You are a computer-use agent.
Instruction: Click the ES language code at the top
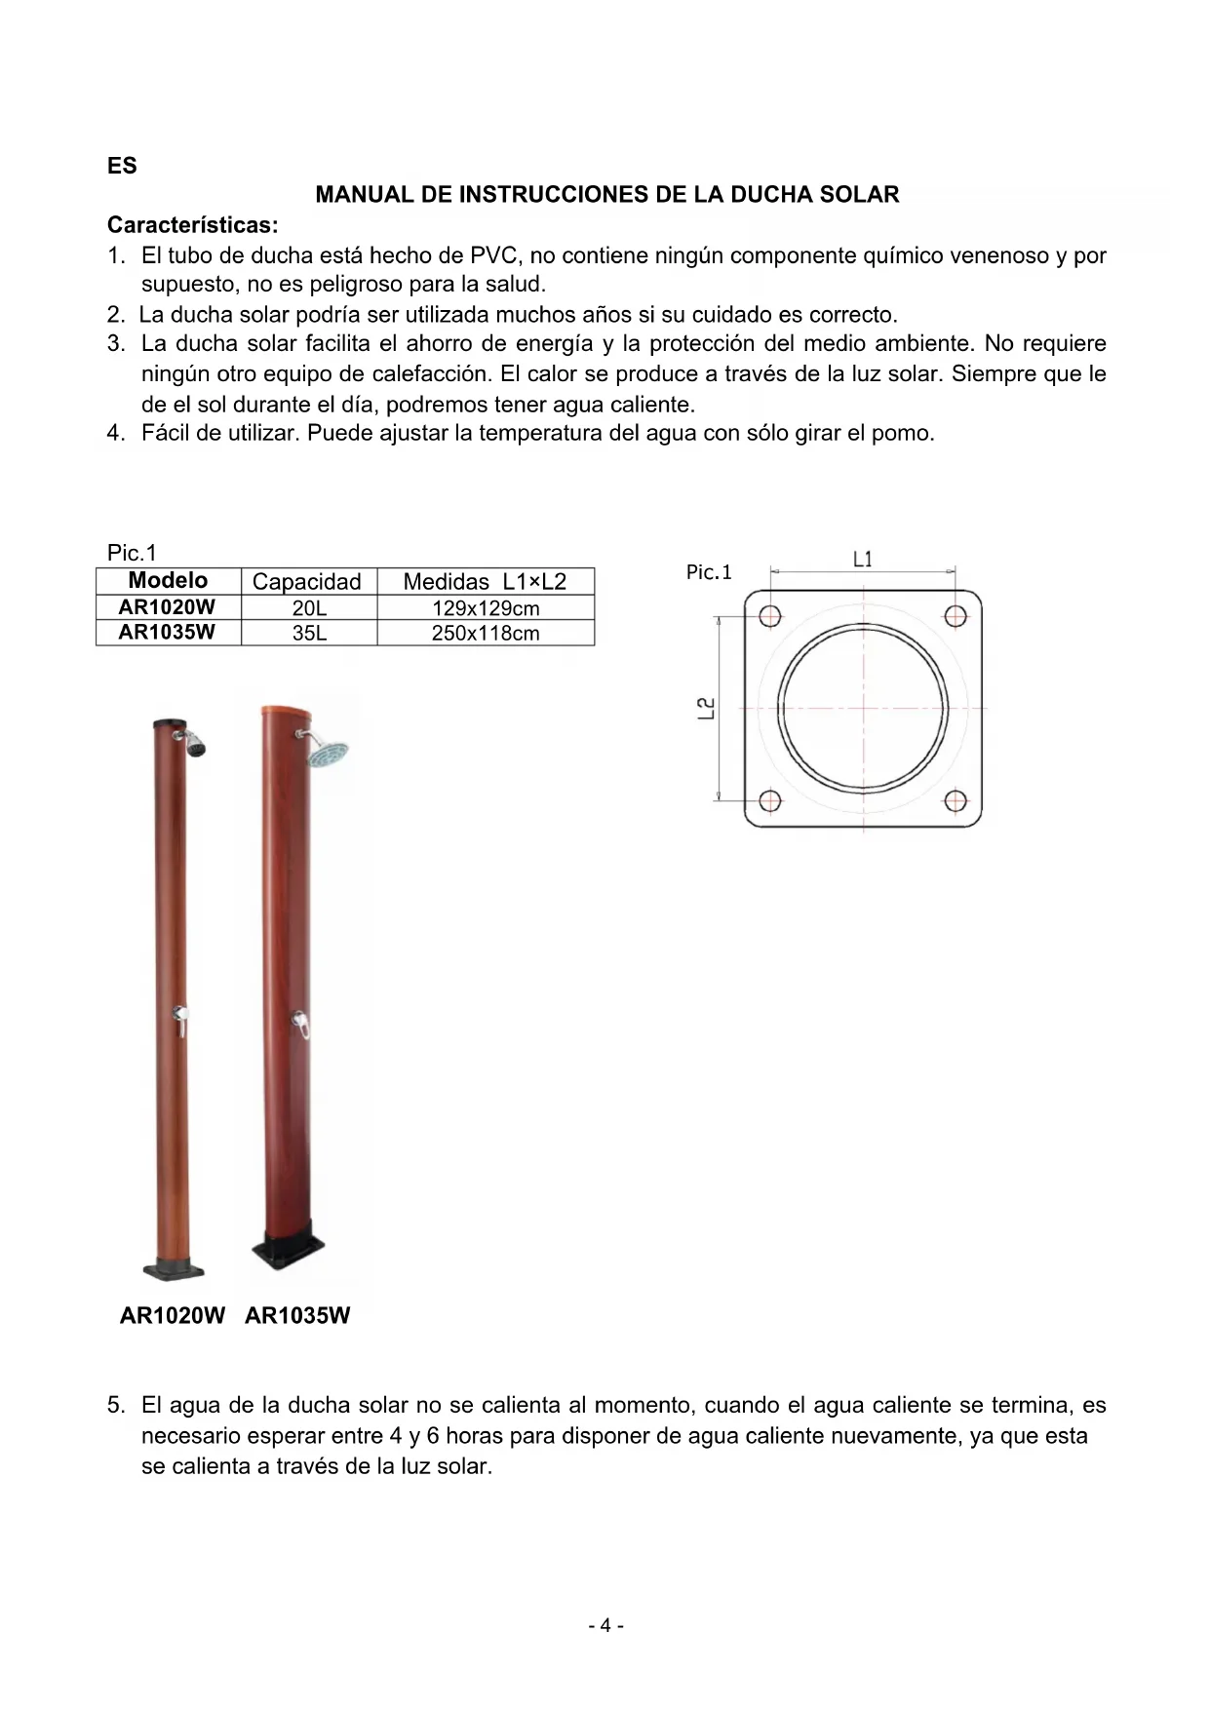click(122, 166)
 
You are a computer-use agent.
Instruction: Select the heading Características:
click(192, 225)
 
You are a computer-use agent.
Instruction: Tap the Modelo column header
click(168, 581)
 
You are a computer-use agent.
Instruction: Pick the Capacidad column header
click(306, 582)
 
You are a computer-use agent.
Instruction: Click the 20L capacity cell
click(308, 608)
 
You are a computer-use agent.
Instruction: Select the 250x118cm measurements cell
click(485, 634)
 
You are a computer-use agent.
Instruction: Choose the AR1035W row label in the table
click(167, 633)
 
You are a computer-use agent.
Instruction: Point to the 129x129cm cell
click(485, 608)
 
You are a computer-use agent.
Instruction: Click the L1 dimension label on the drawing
click(863, 560)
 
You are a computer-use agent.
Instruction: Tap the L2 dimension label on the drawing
click(707, 708)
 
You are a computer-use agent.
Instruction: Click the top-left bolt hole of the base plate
click(770, 616)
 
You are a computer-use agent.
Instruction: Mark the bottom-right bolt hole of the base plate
click(956, 801)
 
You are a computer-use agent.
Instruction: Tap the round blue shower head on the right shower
click(327, 754)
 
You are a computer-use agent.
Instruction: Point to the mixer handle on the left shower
click(180, 1020)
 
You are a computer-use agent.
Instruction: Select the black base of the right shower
click(288, 1248)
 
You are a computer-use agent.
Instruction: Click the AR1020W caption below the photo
click(172, 1316)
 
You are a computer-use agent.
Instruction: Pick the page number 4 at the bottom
click(605, 1625)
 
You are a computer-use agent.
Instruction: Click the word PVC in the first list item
click(496, 256)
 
